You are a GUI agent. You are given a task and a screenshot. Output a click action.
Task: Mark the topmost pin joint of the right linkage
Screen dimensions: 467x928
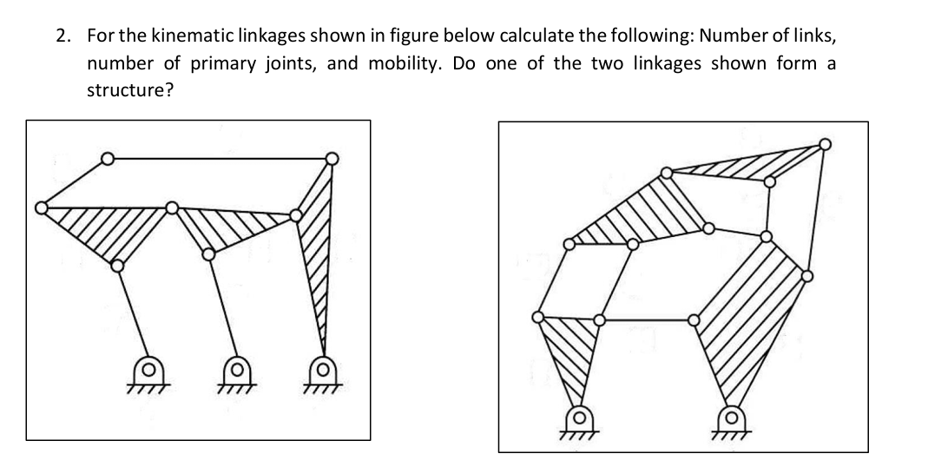point(824,144)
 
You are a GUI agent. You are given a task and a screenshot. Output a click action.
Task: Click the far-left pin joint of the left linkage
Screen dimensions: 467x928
point(41,207)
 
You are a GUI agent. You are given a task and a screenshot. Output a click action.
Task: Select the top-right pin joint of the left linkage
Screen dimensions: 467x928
point(332,159)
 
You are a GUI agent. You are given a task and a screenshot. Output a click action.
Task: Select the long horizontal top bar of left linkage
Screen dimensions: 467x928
point(217,159)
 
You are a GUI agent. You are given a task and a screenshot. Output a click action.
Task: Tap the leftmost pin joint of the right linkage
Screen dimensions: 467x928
point(538,318)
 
